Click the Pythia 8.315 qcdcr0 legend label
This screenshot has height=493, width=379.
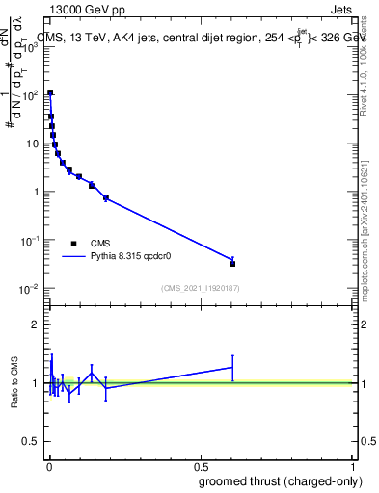(x=132, y=258)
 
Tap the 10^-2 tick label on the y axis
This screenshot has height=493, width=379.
(x=29, y=289)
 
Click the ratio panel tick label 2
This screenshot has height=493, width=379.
(x=35, y=324)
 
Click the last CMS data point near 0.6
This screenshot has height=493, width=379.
(x=232, y=263)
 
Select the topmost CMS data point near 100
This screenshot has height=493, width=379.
(x=50, y=93)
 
